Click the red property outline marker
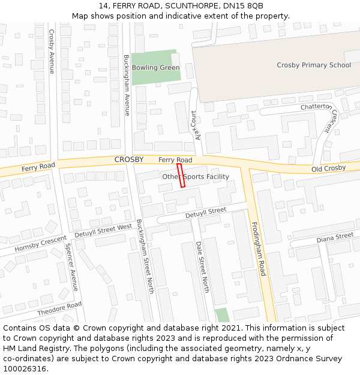click(181, 176)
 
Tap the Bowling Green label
click(155, 68)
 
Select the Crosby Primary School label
click(314, 65)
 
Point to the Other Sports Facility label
click(196, 177)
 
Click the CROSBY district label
click(129, 160)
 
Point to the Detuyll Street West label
click(103, 230)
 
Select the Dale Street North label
click(202, 267)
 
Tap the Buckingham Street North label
click(146, 256)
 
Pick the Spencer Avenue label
click(71, 267)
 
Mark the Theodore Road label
click(59, 309)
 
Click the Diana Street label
click(335, 237)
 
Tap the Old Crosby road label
click(328, 169)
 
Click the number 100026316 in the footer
click(26, 369)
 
